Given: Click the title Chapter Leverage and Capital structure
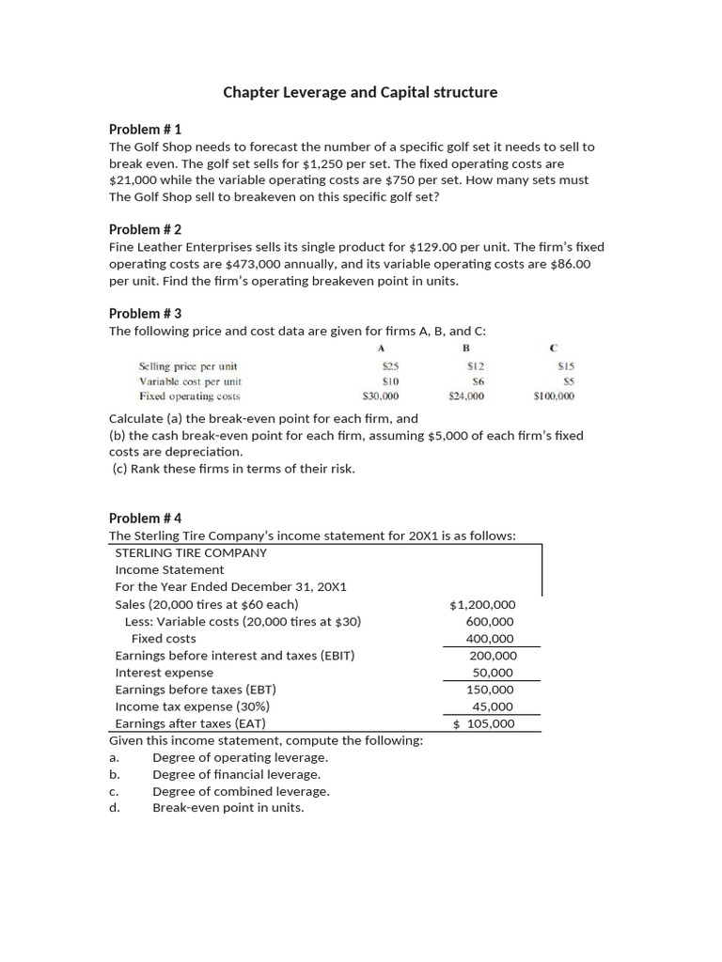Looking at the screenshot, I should pos(360,92).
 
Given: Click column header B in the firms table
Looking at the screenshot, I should pos(465,348).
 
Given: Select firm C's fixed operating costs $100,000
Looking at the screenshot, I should pos(553,396).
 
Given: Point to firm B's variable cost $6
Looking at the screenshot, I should pos(477,381).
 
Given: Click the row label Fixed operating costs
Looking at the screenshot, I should pos(189,396).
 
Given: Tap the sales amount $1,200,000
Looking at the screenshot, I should pos(482,604).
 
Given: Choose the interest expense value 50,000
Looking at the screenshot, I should pos(493,673).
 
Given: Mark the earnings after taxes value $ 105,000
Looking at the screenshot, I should pos(483,723).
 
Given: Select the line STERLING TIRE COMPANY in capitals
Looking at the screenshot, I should pos(191,552).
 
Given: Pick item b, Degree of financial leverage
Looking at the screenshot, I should pos(236,774).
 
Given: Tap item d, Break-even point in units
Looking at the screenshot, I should pos(228,807).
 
